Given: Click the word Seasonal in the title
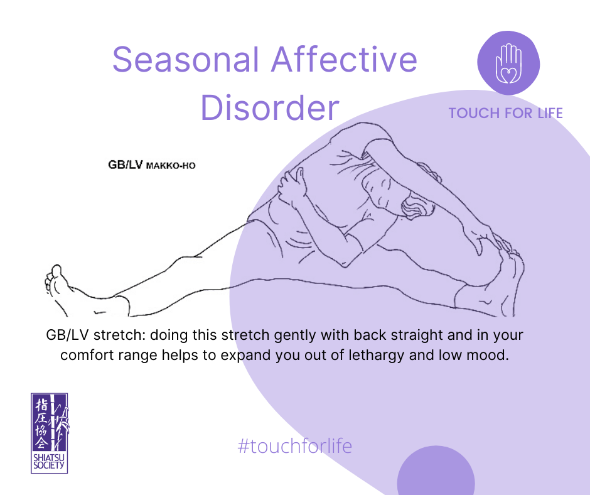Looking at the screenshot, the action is pos(186,60).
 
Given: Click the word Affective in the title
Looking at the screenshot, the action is pos(345,60).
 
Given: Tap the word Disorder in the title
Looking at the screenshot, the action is pos(270,108).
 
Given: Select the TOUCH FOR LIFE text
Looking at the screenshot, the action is pos(505,113).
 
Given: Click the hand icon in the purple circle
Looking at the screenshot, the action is pos(508,63).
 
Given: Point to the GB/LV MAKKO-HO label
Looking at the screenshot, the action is pos(152,165).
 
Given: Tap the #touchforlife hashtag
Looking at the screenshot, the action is pos(294,446).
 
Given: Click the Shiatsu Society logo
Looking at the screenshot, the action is pos(50,433).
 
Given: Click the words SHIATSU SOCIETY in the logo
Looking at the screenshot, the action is pos(49,462).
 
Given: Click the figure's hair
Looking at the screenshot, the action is pos(417,207).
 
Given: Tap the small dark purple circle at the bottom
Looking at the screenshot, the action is pos(436,471).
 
